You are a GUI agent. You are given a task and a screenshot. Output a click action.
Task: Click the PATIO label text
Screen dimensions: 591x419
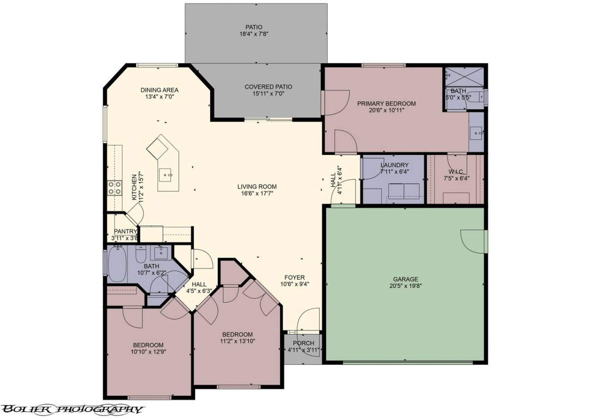coord(254,27)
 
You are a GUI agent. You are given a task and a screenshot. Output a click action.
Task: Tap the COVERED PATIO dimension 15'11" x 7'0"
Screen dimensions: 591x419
coord(268,93)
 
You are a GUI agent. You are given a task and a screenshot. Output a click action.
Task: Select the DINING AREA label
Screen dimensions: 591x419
coord(159,90)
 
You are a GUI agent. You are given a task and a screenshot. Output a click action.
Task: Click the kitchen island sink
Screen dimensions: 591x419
coord(165,175)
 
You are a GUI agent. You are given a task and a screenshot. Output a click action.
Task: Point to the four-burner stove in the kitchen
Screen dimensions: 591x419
coord(115,188)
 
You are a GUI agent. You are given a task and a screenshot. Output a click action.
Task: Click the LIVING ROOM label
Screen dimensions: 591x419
coord(257,187)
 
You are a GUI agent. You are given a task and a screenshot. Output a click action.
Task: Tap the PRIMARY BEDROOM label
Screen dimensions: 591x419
coord(386,104)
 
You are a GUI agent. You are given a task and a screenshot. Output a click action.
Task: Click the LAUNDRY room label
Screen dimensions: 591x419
coord(394,165)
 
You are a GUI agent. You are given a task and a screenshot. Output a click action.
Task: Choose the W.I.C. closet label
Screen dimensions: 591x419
coord(456,172)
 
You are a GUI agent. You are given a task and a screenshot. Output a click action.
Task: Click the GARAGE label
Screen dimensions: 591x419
coord(405,279)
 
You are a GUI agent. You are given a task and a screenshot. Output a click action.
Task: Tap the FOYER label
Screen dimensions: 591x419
coord(295,277)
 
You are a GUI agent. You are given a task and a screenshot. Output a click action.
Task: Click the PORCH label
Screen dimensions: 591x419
coord(303,343)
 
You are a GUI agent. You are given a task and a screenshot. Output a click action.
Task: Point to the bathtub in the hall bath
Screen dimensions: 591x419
coord(117,264)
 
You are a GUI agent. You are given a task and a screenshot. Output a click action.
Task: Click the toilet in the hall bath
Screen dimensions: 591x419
coord(141,253)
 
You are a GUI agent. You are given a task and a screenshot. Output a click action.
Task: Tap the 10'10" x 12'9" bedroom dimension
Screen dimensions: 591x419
coord(148,352)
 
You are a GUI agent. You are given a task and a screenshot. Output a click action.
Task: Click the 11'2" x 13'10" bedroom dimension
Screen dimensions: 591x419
coord(237,341)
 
